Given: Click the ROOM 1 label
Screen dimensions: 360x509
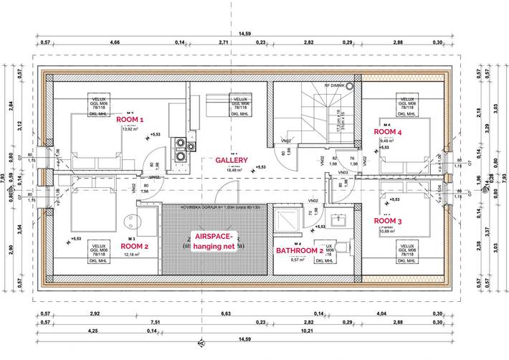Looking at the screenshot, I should [130, 120].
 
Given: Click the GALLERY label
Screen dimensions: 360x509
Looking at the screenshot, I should [232, 161].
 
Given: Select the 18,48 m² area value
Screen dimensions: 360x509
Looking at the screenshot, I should [234, 171].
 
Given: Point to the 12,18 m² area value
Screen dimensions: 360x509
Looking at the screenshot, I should [131, 255].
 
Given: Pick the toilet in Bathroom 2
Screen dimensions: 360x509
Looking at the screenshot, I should [341, 247].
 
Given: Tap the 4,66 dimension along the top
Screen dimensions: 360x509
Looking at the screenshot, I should [114, 43].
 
